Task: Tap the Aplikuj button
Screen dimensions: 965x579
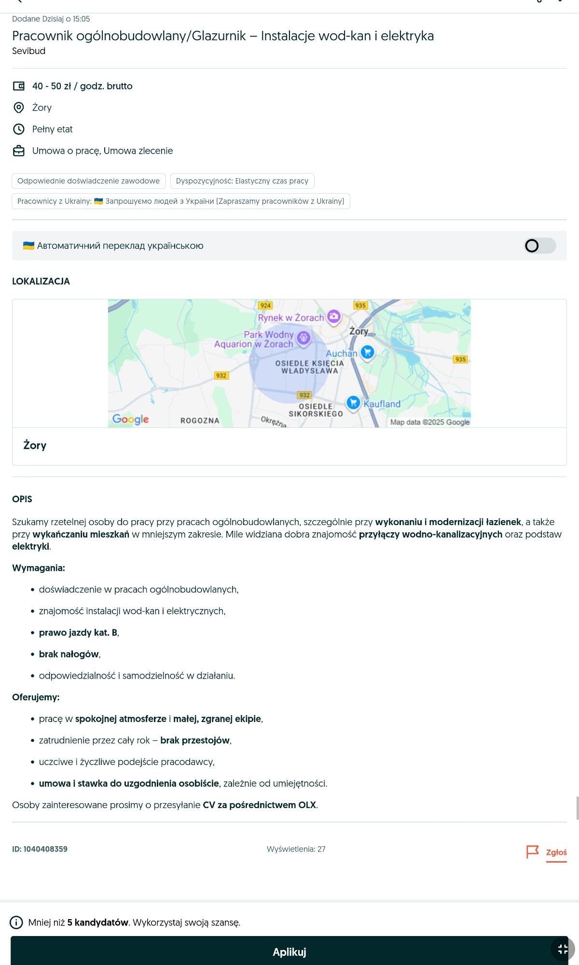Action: pos(289,951)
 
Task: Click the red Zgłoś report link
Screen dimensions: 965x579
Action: pos(556,852)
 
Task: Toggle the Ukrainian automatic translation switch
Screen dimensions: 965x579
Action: pos(540,246)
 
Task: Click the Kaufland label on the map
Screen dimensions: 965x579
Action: pos(382,404)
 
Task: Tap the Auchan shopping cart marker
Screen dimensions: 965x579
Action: pos(368,352)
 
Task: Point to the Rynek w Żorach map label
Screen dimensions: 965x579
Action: pos(290,318)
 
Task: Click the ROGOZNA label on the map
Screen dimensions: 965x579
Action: pos(200,421)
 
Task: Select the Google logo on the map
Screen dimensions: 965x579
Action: pos(130,419)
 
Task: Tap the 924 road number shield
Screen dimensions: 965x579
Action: pos(265,305)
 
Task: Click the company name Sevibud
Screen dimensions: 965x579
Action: pos(28,51)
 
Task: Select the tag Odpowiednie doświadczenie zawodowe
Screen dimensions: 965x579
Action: pos(88,181)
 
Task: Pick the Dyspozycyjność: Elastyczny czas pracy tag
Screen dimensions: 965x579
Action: pos(242,181)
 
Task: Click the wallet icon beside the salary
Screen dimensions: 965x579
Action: pos(19,86)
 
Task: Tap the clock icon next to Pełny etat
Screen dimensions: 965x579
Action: pos(19,129)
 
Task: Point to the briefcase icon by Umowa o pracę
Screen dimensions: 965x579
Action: pos(19,151)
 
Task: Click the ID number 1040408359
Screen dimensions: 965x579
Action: pos(40,849)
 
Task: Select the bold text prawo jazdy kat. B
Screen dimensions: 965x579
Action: pos(78,633)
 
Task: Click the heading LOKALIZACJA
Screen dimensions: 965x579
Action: pos(41,282)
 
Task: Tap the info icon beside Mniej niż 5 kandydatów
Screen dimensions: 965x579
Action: pos(16,922)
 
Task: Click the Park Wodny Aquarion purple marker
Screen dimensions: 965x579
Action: pos(303,338)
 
